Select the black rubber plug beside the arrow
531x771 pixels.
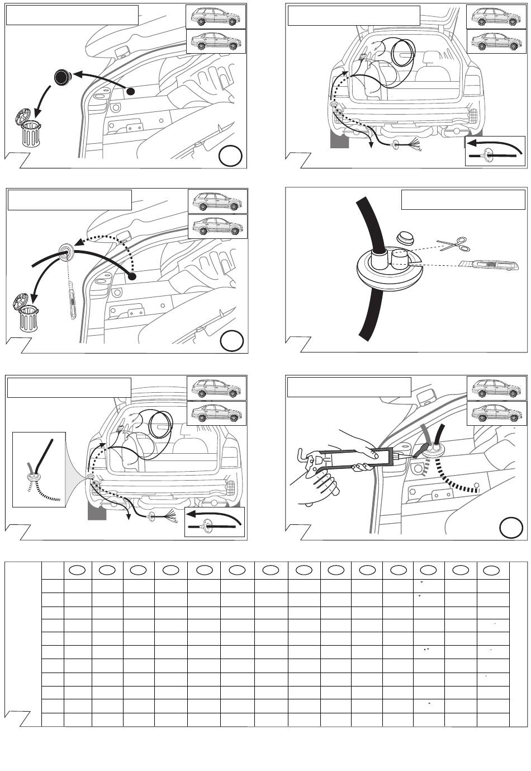click(x=61, y=78)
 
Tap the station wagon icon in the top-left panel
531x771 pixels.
click(x=215, y=16)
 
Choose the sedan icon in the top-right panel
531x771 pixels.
click(x=496, y=41)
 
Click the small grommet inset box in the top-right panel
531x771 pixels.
click(x=495, y=151)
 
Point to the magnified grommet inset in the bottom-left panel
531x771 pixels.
click(x=39, y=469)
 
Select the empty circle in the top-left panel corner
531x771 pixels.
click(x=230, y=156)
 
